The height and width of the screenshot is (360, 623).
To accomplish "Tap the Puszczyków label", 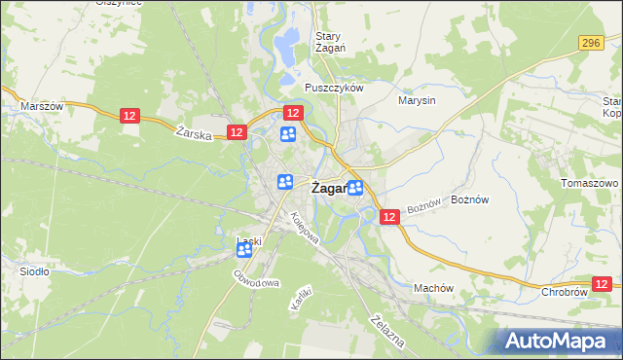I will pos(333,87).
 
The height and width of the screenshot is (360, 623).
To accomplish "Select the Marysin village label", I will pos(417,99).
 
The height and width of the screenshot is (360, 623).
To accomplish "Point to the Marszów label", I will pos(42,106).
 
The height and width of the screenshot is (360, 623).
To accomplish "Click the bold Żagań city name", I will pos(329,189).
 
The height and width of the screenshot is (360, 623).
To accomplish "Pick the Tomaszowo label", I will pos(590,183).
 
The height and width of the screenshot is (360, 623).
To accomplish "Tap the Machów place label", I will pos(434,288).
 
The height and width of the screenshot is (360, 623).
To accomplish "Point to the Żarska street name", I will pos(196,134).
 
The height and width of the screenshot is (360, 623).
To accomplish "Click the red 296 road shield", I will pos(591,43).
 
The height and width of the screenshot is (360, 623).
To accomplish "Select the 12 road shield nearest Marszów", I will pos(131,116).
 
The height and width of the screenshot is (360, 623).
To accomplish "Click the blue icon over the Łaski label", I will pos(244,250).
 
